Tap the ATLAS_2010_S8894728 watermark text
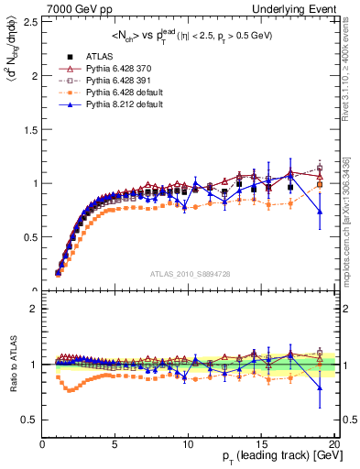pyautogui.click(x=188, y=274)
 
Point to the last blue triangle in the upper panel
pyautogui.click(x=320, y=212)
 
